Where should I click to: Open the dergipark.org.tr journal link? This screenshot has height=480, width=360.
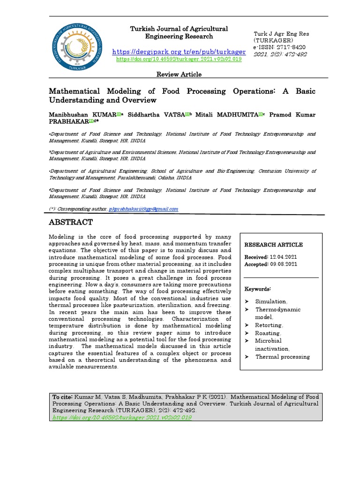point(179,51)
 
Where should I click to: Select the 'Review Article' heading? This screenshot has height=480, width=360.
point(179,74)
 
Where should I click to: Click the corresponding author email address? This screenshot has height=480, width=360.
point(143,209)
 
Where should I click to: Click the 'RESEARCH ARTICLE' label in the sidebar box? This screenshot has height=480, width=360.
point(273,245)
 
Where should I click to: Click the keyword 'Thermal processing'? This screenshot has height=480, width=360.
point(282,357)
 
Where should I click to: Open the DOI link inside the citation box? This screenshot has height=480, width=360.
point(122,417)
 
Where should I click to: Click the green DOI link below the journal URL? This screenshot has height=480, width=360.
point(179,60)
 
